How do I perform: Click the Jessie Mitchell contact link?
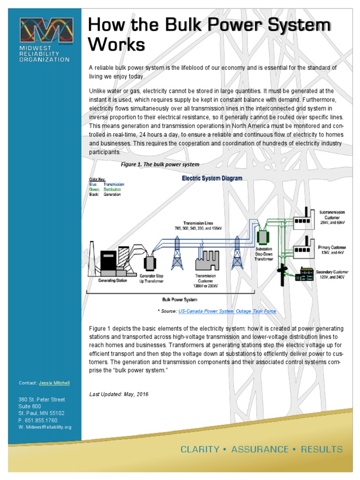coord(54,383)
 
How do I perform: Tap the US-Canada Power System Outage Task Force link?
coord(227,311)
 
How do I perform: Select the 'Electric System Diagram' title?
coord(212,179)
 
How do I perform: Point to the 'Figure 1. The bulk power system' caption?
coord(160,165)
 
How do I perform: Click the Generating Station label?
coord(112,281)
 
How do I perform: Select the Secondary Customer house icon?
coord(305,275)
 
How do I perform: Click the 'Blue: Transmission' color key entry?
coord(106,185)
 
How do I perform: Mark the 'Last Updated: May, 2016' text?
coord(119,394)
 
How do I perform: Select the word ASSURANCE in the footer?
coord(260,449)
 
